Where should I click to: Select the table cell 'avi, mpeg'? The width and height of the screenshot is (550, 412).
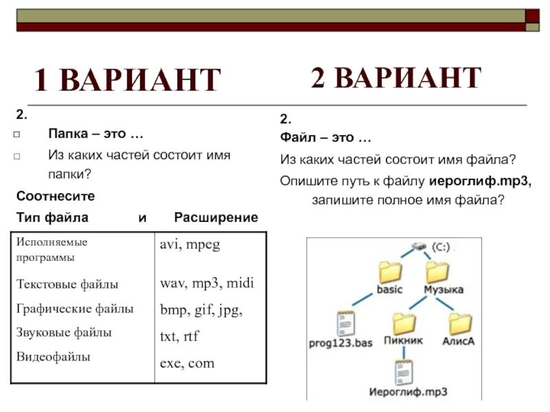click(x=190, y=245)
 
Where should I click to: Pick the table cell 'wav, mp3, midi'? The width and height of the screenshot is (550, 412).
click(x=207, y=283)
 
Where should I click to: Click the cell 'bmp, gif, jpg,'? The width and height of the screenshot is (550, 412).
click(x=201, y=310)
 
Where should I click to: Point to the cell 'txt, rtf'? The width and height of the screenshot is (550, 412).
click(x=179, y=336)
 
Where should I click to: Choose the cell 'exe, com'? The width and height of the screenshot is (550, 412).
click(x=187, y=363)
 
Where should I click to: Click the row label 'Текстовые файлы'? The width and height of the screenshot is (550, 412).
click(x=67, y=284)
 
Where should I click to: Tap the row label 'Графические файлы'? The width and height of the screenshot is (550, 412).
click(x=75, y=309)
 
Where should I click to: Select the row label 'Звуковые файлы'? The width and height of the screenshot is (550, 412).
click(x=64, y=333)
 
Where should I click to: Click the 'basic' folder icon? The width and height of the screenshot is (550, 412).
click(x=390, y=272)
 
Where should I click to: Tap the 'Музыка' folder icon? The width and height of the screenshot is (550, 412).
click(x=437, y=272)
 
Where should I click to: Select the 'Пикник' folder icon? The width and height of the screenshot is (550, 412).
click(x=404, y=323)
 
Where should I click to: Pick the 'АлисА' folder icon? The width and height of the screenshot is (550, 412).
click(x=460, y=323)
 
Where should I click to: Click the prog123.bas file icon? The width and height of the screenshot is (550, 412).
click(x=345, y=323)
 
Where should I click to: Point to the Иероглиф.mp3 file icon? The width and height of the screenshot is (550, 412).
click(x=404, y=371)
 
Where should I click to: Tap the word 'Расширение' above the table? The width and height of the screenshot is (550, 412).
click(x=216, y=218)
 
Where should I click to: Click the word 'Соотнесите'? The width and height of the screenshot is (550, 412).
click(x=56, y=196)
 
